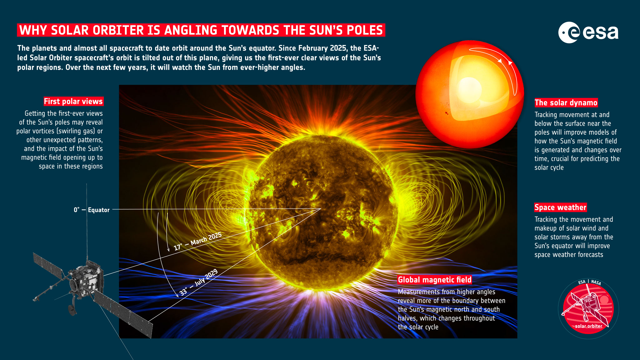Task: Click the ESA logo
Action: [588, 32]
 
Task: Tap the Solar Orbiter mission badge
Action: [588, 308]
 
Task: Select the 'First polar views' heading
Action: [73, 101]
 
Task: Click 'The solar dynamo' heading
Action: [566, 102]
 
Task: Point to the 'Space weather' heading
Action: [560, 207]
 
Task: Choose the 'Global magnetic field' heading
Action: [434, 280]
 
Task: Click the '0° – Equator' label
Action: [92, 210]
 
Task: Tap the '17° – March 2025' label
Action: [197, 241]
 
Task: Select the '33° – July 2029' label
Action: [198, 282]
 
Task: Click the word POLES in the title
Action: [364, 30]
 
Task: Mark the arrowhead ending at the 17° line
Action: [168, 249]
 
